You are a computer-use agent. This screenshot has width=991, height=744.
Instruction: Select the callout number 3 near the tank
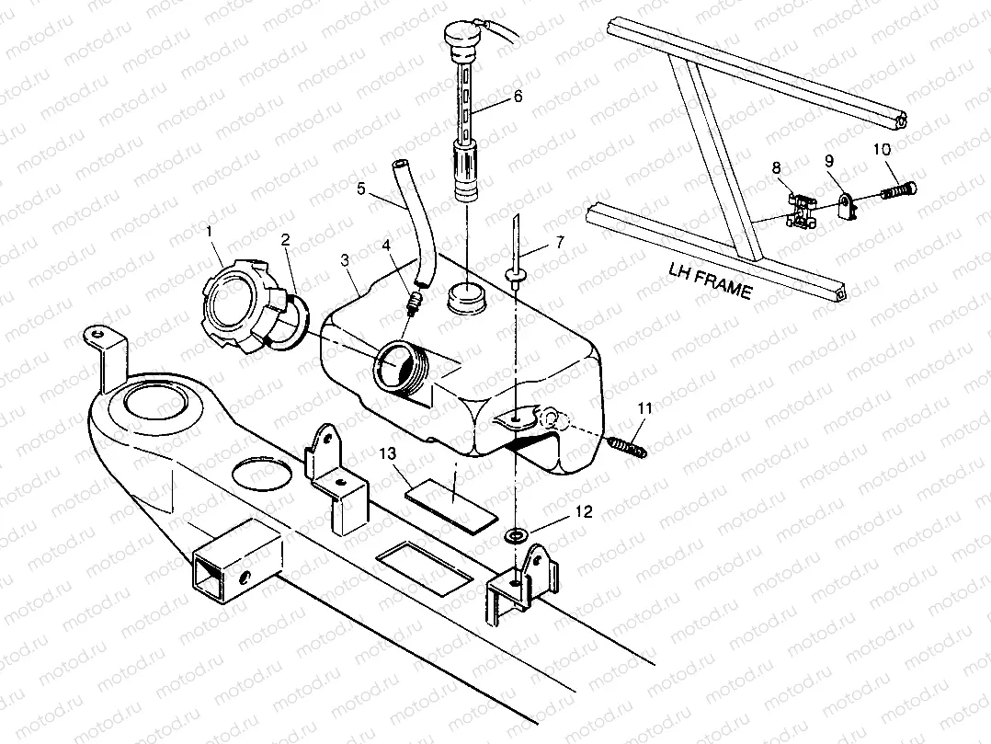coord(344,261)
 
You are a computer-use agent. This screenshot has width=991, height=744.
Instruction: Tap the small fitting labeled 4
coord(416,301)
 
